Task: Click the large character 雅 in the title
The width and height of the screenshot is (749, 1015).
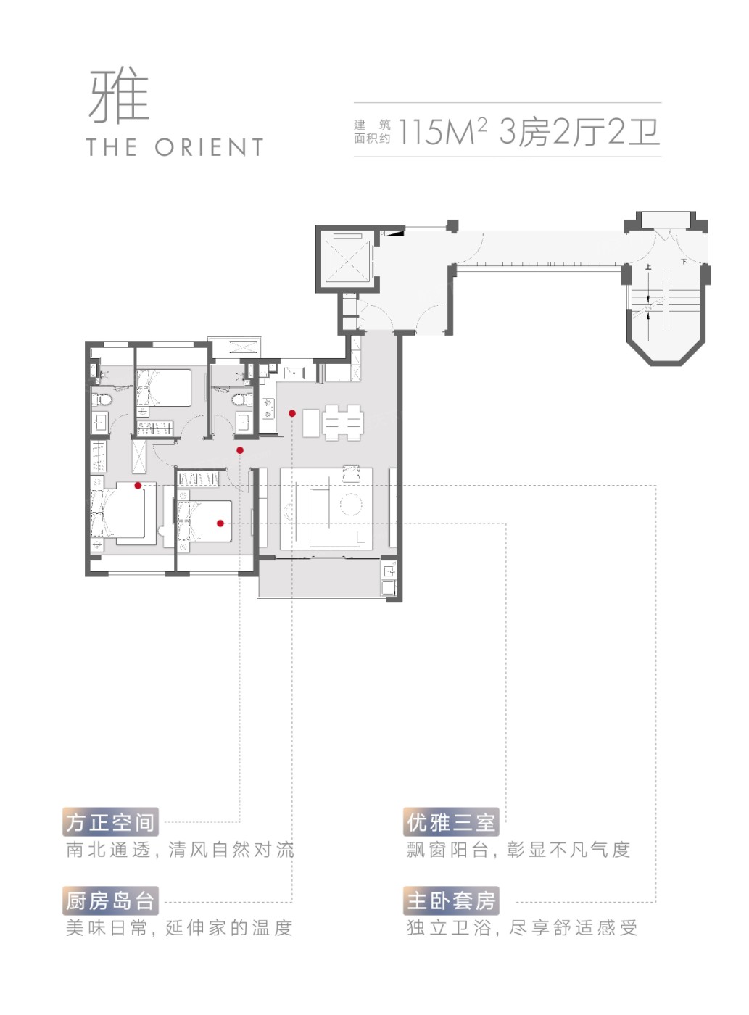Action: [119, 97]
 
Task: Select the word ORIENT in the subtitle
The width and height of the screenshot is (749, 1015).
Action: [209, 147]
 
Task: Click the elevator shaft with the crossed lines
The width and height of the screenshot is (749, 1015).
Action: [347, 259]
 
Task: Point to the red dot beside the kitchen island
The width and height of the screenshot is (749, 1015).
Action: [292, 414]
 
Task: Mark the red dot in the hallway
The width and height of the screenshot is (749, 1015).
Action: [239, 450]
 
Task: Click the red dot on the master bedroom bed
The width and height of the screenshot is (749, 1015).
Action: [138, 486]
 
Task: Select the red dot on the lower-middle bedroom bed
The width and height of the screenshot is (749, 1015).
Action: [220, 523]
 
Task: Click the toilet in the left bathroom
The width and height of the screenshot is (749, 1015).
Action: [102, 401]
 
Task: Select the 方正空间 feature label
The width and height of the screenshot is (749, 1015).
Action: [110, 822]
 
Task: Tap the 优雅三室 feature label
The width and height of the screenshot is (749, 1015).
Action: [451, 822]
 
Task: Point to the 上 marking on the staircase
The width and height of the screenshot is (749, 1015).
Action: [647, 267]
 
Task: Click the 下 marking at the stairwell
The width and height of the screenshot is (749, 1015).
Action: [684, 262]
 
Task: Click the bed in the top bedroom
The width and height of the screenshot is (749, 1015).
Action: [164, 388]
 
